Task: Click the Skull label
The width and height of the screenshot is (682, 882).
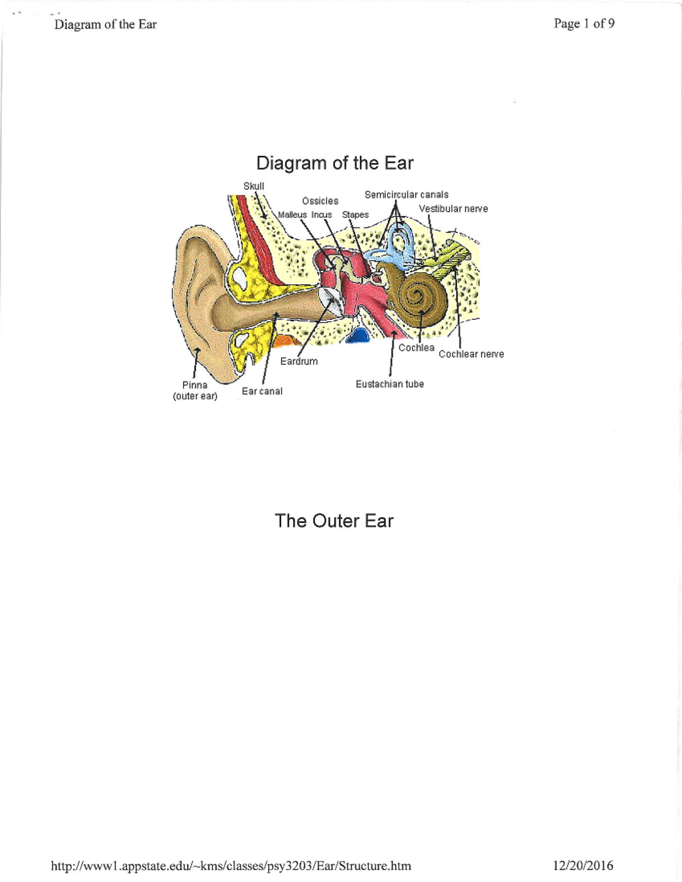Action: (x=253, y=186)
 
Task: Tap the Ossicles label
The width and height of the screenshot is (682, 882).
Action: (x=320, y=201)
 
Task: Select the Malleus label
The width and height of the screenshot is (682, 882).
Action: (x=292, y=215)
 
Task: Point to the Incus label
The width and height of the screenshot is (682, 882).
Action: (x=321, y=215)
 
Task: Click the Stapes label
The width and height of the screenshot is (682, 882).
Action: (x=355, y=215)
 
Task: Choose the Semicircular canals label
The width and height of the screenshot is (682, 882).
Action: (x=406, y=195)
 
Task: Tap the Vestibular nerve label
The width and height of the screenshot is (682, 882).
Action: (x=453, y=209)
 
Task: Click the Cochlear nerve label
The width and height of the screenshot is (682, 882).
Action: (x=472, y=354)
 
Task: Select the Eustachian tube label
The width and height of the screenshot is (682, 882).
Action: (x=390, y=384)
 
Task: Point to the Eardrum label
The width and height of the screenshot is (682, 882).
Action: (x=299, y=361)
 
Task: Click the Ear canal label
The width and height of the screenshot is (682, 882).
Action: (x=262, y=392)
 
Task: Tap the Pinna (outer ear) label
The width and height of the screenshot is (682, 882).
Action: (x=195, y=390)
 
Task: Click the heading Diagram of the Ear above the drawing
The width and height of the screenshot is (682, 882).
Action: (x=335, y=163)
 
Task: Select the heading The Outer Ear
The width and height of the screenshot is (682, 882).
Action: (x=334, y=521)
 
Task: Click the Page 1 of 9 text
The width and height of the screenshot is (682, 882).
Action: (x=584, y=24)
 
